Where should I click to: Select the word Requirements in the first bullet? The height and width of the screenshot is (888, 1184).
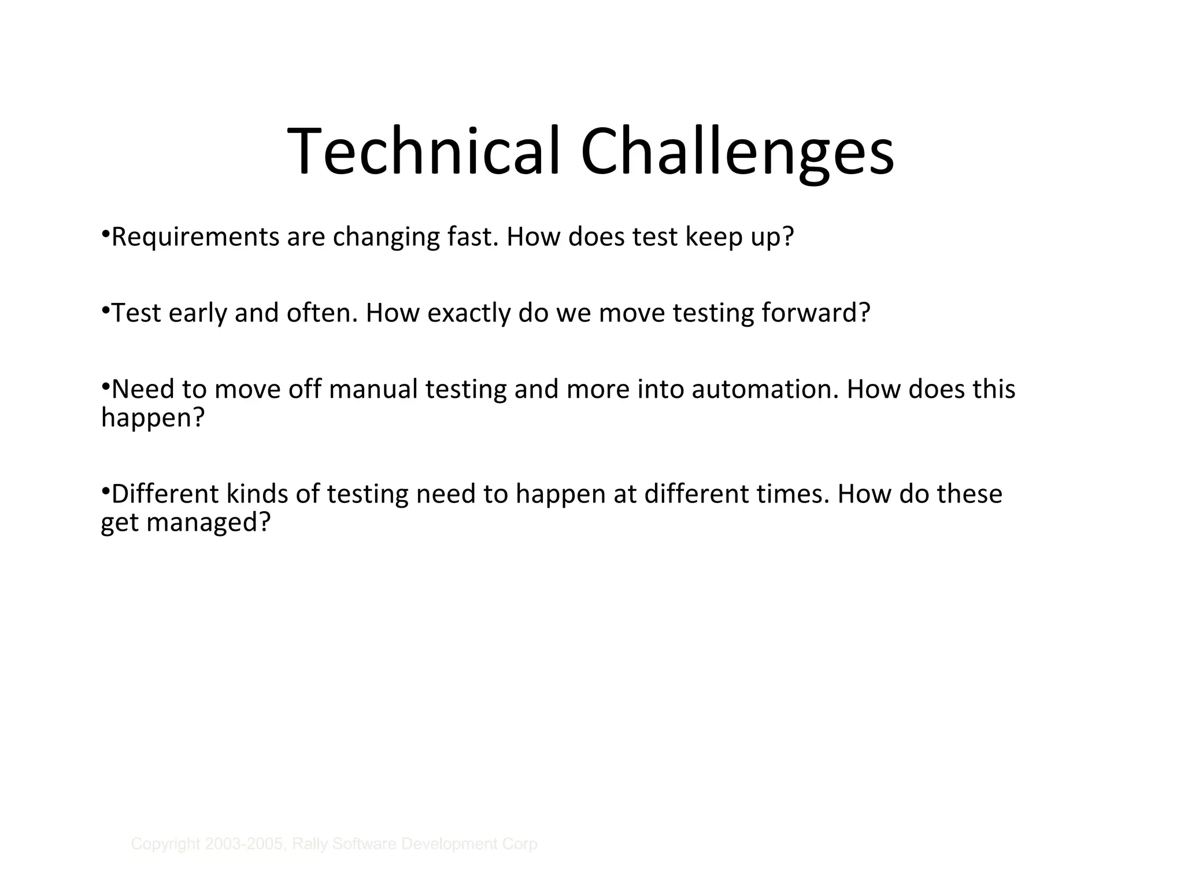point(195,238)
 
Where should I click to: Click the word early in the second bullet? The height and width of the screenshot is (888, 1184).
point(198,313)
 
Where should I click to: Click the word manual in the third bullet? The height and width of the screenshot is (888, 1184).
point(373,389)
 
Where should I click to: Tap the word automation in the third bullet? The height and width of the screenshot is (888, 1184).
point(765,389)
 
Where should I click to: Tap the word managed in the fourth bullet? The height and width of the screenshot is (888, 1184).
point(208,523)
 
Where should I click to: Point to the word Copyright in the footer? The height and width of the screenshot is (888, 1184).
point(165,844)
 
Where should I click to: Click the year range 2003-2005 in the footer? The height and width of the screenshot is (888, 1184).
point(246,844)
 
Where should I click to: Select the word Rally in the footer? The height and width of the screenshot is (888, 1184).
point(310,844)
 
